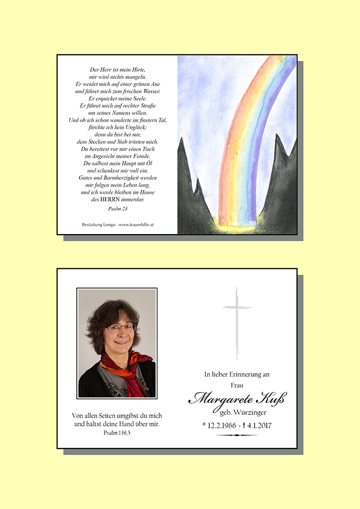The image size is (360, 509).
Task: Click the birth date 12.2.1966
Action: [x=222, y=426]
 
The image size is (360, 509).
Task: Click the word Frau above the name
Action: [x=237, y=385]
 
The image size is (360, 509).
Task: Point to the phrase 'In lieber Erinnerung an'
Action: [x=237, y=375]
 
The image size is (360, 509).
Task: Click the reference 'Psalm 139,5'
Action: [x=117, y=433]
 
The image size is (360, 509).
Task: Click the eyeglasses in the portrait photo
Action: [x=120, y=328]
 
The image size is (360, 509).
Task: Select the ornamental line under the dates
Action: [x=237, y=436]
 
